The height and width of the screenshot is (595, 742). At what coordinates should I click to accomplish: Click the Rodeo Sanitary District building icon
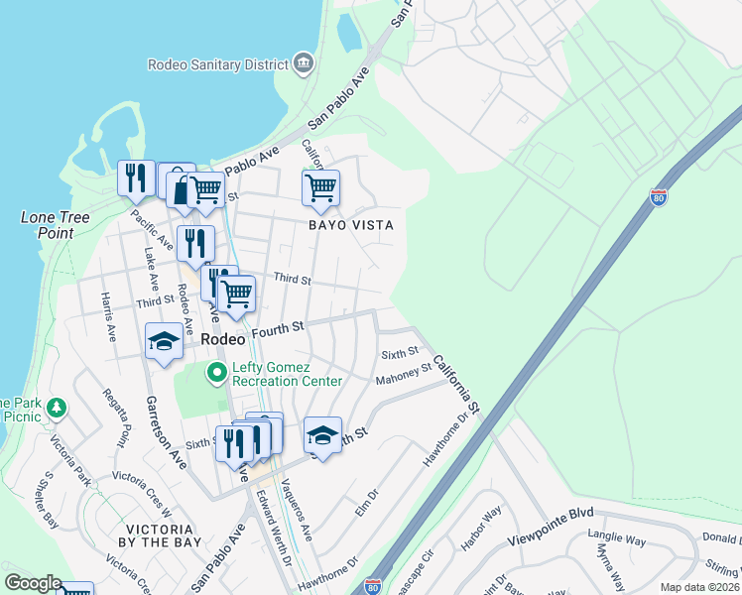[x=304, y=64]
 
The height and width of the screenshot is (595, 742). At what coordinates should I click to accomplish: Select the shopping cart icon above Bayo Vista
[x=320, y=186]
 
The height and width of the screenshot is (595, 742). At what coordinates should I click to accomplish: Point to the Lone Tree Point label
[x=56, y=225]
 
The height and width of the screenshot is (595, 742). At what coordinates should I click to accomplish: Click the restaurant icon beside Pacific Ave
[x=136, y=178]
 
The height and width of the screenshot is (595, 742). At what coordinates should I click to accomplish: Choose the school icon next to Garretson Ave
[x=164, y=342]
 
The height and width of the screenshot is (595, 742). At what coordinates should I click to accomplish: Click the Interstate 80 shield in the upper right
[x=659, y=197]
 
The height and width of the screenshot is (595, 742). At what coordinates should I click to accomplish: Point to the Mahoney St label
[x=404, y=374]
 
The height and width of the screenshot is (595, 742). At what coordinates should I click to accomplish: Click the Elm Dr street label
[x=367, y=502]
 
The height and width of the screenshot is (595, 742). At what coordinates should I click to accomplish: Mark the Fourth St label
[x=277, y=327]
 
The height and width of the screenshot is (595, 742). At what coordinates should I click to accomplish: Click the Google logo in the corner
[x=32, y=583]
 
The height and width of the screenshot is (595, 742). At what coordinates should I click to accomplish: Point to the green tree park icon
[x=58, y=407]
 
